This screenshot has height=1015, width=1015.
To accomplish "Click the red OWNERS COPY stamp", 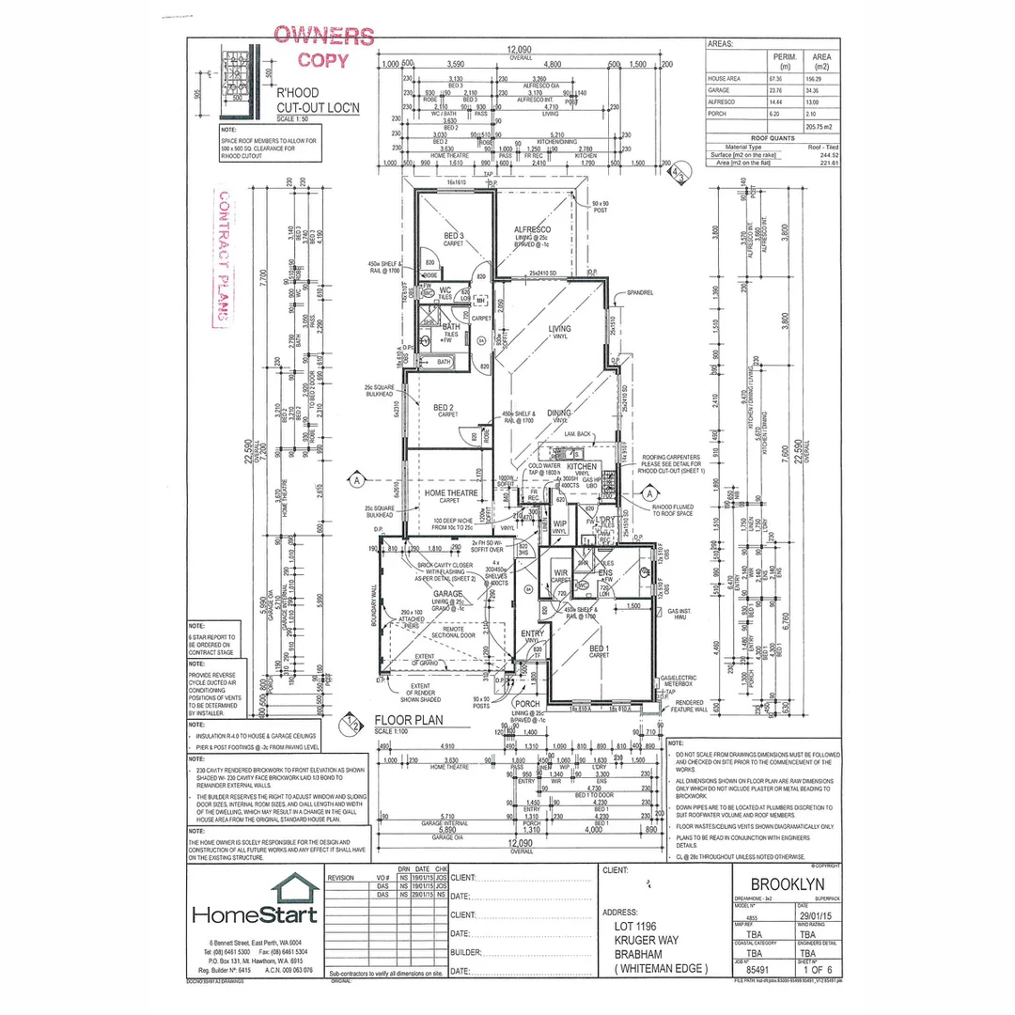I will click(x=322, y=48).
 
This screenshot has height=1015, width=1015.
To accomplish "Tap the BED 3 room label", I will click(x=454, y=235).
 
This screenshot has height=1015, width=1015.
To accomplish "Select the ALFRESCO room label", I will click(x=533, y=229).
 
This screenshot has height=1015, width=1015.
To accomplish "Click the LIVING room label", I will click(x=560, y=328).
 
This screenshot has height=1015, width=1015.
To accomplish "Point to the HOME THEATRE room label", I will click(x=452, y=493).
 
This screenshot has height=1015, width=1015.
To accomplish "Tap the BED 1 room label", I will click(x=597, y=648).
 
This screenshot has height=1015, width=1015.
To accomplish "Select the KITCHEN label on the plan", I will click(x=581, y=466).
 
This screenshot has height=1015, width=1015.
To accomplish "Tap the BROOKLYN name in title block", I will click(x=788, y=884).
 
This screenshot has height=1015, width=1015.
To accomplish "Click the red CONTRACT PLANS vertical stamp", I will click(x=224, y=258).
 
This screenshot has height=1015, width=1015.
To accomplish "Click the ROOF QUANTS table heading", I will click(x=772, y=137).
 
